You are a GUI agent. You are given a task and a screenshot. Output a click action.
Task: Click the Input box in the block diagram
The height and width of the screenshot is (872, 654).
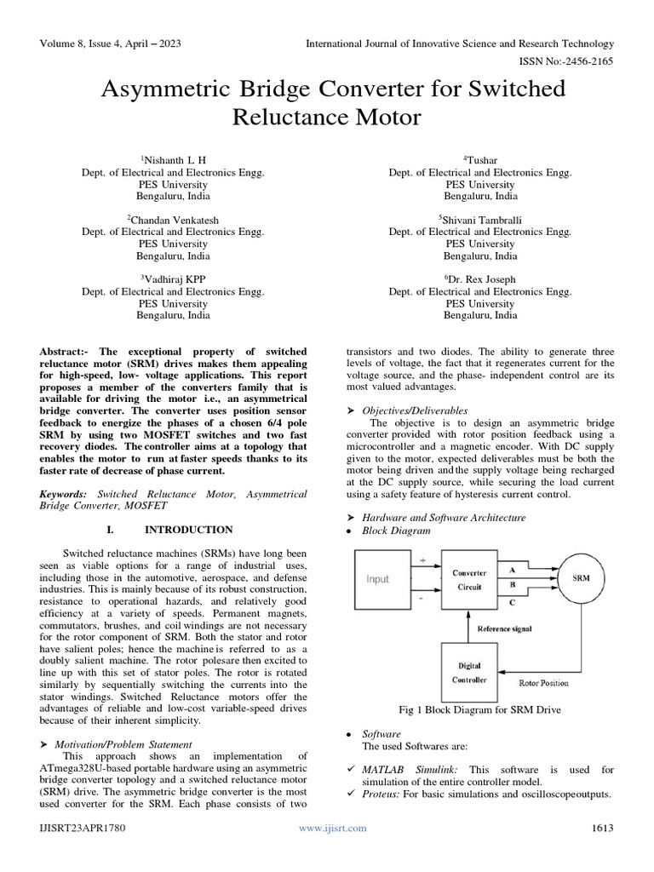click(x=377, y=579)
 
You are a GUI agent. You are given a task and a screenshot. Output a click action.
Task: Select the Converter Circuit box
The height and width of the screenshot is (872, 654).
click(x=469, y=579)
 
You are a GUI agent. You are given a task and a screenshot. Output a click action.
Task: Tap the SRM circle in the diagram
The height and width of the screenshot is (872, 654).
click(x=582, y=577)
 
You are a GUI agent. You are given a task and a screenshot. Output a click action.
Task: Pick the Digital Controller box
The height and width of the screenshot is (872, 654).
click(x=469, y=673)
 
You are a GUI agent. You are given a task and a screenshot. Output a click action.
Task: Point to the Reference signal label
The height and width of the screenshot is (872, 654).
click(x=504, y=628)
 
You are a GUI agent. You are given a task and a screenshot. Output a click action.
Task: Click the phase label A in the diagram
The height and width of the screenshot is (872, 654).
click(x=511, y=568)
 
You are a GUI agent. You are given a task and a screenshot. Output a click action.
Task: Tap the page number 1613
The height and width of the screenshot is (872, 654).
click(x=602, y=828)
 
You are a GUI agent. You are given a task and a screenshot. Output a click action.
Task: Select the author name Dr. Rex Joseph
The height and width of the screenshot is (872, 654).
click(x=480, y=278)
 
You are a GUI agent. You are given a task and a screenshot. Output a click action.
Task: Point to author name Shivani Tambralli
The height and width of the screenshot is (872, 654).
click(x=480, y=219)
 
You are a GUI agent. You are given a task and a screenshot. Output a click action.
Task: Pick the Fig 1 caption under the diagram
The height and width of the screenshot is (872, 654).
click(x=479, y=709)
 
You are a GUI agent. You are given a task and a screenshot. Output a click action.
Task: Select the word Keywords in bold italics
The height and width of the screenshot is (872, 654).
click(x=64, y=493)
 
